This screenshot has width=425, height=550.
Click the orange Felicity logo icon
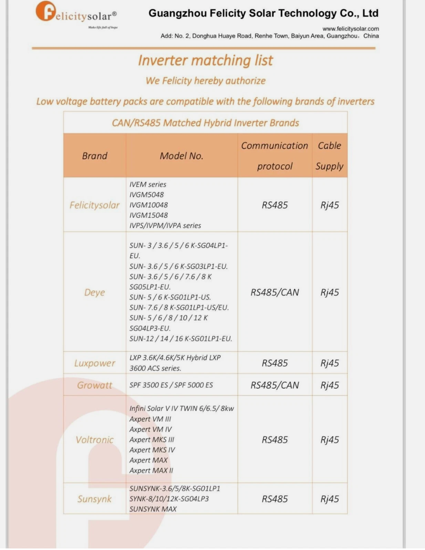point(45,11)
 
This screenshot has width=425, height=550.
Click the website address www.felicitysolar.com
point(350,29)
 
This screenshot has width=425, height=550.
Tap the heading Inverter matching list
point(205,60)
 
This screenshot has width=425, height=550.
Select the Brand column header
point(95,156)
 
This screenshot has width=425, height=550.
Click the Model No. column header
point(181,156)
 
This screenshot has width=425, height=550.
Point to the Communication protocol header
point(275,156)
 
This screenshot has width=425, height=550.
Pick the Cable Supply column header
point(329,156)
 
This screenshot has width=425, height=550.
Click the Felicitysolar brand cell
point(95,205)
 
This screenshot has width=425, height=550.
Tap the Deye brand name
point(95,292)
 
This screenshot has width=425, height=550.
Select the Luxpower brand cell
point(95,363)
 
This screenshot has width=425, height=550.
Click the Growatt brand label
point(95,385)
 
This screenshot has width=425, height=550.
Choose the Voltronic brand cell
point(95,440)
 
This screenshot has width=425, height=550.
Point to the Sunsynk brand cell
point(95,499)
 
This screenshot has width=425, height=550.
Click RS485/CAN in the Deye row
point(275,292)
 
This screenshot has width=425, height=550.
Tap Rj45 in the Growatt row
point(329,385)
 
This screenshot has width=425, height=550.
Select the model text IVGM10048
point(148,205)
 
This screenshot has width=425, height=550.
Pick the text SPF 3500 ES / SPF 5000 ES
point(171,385)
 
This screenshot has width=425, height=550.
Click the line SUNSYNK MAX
point(153,509)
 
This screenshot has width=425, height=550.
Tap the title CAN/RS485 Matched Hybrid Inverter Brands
point(205,123)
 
